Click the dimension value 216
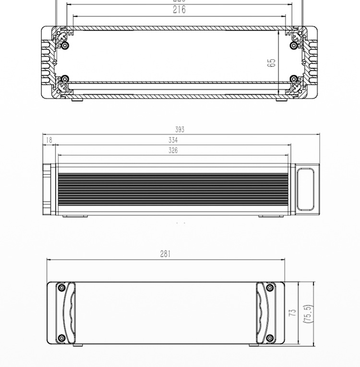(x=179, y=10)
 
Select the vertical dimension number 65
(x=272, y=62)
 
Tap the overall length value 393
(x=180, y=130)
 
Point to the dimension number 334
(x=173, y=140)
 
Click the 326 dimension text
(x=173, y=151)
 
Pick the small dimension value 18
(x=48, y=140)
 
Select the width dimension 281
(x=165, y=254)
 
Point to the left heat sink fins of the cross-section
(x=47, y=61)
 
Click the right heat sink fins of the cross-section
(x=312, y=61)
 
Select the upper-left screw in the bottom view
(x=61, y=288)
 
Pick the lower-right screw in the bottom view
(x=270, y=338)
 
